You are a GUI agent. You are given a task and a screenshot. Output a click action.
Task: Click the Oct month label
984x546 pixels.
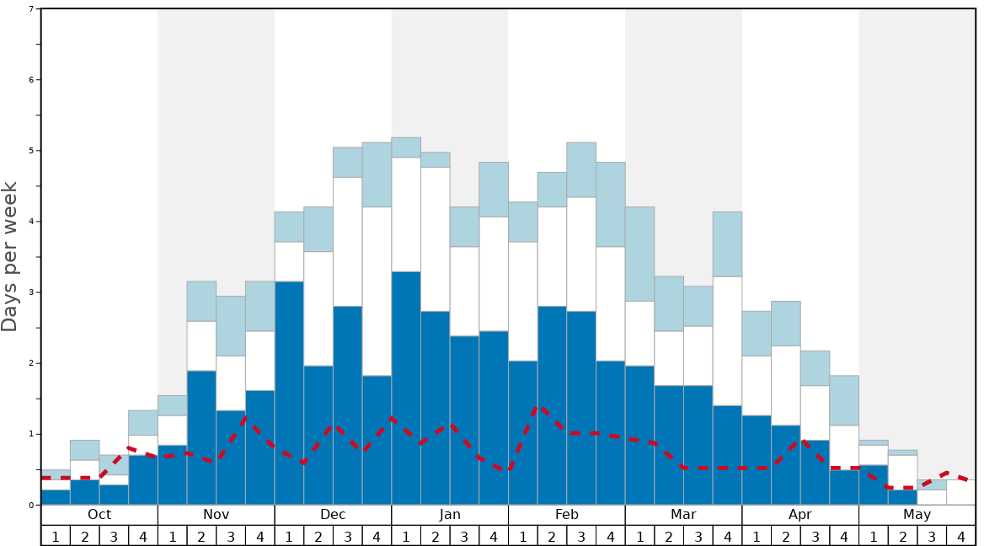[x=99, y=515]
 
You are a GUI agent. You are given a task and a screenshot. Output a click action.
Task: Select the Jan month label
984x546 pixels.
[x=450, y=515]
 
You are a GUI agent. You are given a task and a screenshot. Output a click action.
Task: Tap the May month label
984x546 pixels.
[x=917, y=515]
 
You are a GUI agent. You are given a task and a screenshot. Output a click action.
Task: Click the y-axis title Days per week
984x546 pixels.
[x=10, y=257]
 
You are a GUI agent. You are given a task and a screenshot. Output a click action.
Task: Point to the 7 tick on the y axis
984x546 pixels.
[x=31, y=9]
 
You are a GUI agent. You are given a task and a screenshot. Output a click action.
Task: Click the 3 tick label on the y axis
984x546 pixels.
[x=31, y=292]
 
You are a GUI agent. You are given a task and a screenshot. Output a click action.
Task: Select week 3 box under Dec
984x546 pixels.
[x=347, y=535]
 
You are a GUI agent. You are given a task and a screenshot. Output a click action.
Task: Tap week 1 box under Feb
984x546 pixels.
[x=522, y=535]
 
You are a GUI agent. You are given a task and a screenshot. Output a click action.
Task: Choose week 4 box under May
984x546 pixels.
[x=960, y=535]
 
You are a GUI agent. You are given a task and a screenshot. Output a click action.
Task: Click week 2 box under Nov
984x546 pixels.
[x=201, y=535]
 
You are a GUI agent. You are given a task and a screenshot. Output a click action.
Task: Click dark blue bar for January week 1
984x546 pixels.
[x=406, y=388]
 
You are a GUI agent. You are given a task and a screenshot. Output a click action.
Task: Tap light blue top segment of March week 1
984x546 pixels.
[x=639, y=254]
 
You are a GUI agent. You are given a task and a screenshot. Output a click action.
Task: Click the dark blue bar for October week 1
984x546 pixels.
[x=56, y=497]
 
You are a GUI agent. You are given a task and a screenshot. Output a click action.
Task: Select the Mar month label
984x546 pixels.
[x=683, y=515]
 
